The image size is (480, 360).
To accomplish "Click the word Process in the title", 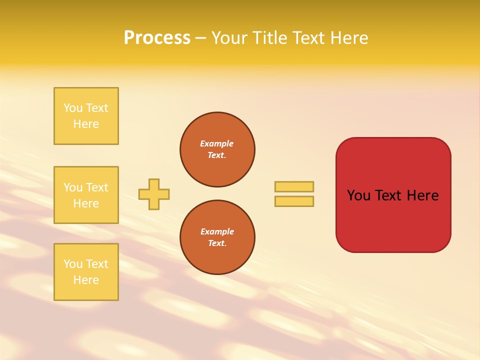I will click(157, 38).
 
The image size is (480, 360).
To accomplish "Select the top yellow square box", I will click(86, 116).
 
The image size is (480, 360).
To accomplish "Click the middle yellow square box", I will click(86, 195).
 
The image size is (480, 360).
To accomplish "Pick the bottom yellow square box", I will click(86, 272).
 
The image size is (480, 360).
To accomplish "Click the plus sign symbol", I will click(154, 194).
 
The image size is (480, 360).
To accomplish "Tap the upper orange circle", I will click(217, 149).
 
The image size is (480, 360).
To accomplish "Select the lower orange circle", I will click(217, 237).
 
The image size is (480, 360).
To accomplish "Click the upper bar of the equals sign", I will click(294, 186).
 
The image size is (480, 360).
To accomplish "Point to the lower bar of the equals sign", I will click(294, 201).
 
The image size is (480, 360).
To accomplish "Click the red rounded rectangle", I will click(393, 220).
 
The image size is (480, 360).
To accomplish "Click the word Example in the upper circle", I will click(217, 144).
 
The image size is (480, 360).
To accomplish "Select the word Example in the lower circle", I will click(217, 232).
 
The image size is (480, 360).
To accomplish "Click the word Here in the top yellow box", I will click(86, 124).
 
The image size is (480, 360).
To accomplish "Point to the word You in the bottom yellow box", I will click(73, 264).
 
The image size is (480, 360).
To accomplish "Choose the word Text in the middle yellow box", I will click(96, 187).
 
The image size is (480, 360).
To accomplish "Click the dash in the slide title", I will click(200, 38).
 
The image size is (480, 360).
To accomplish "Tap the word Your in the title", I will click(228, 38).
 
